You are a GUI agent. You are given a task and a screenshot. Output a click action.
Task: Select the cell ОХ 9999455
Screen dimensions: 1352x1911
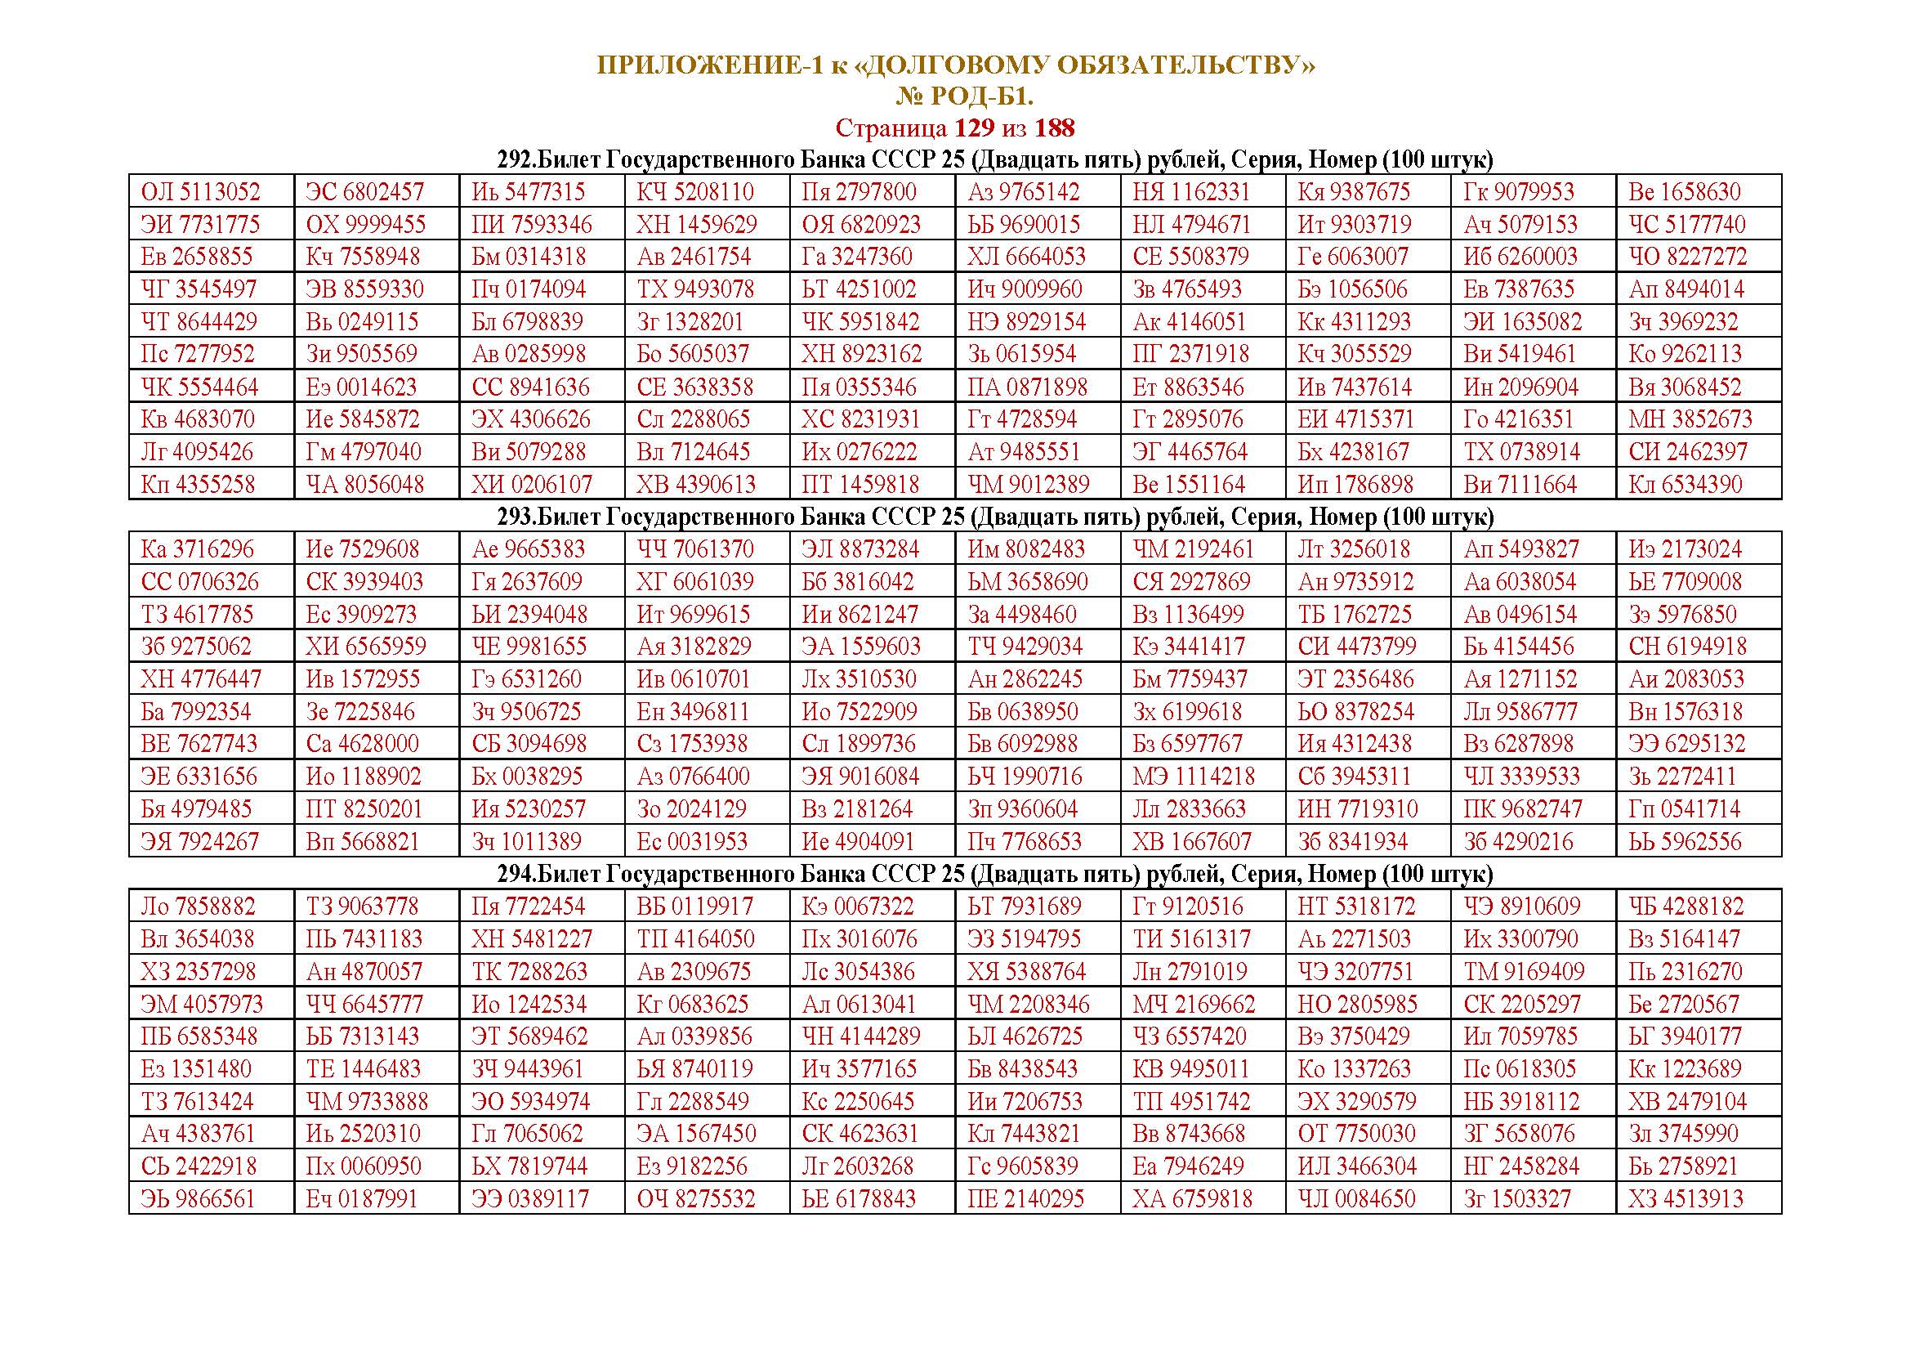[365, 224]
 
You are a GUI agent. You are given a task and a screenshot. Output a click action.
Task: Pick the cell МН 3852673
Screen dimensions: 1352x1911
[1690, 419]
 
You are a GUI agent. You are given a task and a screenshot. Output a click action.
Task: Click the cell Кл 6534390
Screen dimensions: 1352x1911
[1685, 484]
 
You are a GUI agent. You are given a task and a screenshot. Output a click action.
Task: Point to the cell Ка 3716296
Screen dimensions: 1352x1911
[198, 548]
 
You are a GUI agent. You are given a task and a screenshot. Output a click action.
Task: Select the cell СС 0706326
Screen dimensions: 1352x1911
[199, 581]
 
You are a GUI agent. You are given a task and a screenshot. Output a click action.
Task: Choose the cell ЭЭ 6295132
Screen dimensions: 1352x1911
[1686, 743]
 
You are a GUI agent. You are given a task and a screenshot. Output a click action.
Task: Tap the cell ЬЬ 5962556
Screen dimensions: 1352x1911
[1685, 841]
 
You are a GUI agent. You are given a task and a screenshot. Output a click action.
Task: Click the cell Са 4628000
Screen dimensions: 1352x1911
[362, 743]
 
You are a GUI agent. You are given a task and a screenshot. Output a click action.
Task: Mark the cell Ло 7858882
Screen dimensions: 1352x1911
[198, 906]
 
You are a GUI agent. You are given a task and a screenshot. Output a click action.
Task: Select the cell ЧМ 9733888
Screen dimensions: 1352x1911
[367, 1100]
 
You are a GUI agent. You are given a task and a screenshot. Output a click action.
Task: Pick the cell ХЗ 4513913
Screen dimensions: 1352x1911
[1686, 1198]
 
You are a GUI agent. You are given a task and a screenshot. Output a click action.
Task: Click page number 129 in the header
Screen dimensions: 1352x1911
[973, 128]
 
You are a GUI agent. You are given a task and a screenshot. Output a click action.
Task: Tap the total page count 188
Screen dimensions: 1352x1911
[1054, 128]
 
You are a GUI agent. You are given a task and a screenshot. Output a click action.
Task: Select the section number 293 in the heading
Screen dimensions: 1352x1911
[515, 516]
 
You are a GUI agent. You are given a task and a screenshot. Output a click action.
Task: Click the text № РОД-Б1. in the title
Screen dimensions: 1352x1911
[964, 96]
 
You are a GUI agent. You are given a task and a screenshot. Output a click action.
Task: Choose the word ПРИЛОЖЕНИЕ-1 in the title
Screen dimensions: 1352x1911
[710, 65]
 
